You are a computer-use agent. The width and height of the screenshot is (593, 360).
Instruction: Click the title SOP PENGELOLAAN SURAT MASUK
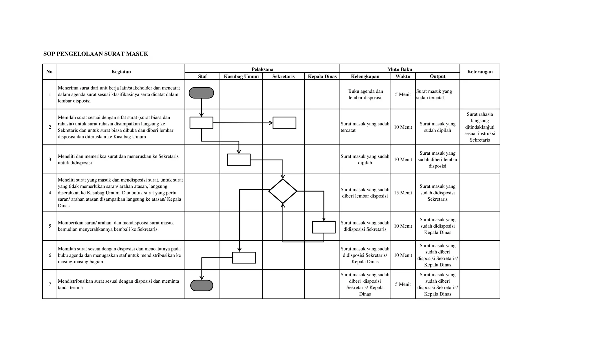[96, 54]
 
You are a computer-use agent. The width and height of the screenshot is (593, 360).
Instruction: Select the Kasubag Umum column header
[241, 76]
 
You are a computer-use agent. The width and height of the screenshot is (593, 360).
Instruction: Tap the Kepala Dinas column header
[322, 76]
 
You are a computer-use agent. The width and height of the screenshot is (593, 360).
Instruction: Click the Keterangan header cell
[479, 72]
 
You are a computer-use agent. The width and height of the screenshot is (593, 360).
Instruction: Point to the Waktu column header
[402, 76]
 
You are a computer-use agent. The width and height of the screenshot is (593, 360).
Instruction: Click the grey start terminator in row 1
[201, 93]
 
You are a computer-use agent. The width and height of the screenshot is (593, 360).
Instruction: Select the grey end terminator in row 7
[202, 286]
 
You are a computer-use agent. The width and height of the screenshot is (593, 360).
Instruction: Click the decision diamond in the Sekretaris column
[283, 191]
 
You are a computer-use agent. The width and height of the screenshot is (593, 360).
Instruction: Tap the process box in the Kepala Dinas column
[324, 227]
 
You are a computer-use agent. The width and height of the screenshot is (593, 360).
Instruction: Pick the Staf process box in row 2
[201, 123]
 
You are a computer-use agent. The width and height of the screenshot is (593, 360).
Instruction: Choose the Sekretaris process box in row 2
[284, 123]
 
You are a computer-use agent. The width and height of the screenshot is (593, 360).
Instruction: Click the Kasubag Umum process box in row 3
[239, 160]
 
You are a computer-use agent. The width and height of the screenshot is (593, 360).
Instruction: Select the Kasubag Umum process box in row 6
[244, 257]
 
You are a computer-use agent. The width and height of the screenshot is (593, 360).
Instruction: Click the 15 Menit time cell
[403, 193]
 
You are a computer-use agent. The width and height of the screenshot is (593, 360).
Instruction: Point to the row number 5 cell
[50, 226]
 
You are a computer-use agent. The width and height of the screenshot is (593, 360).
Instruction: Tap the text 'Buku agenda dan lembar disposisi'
[365, 94]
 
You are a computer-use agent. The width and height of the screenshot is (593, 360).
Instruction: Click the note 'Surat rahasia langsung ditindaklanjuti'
[480, 127]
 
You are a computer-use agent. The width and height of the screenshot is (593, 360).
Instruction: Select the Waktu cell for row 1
[403, 94]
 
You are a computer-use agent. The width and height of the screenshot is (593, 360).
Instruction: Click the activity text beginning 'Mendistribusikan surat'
[118, 284]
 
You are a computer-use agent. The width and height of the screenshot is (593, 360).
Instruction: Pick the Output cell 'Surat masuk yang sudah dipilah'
[437, 127]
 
